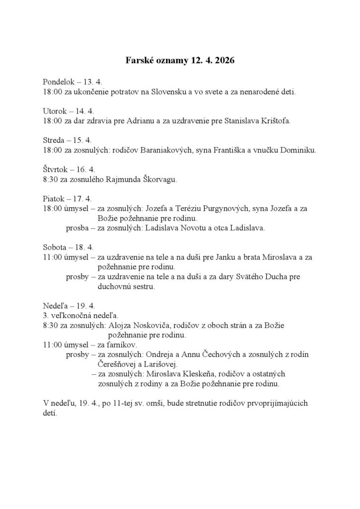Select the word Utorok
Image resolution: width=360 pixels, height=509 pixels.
point(55,111)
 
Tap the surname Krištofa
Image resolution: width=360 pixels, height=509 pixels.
point(273,120)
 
